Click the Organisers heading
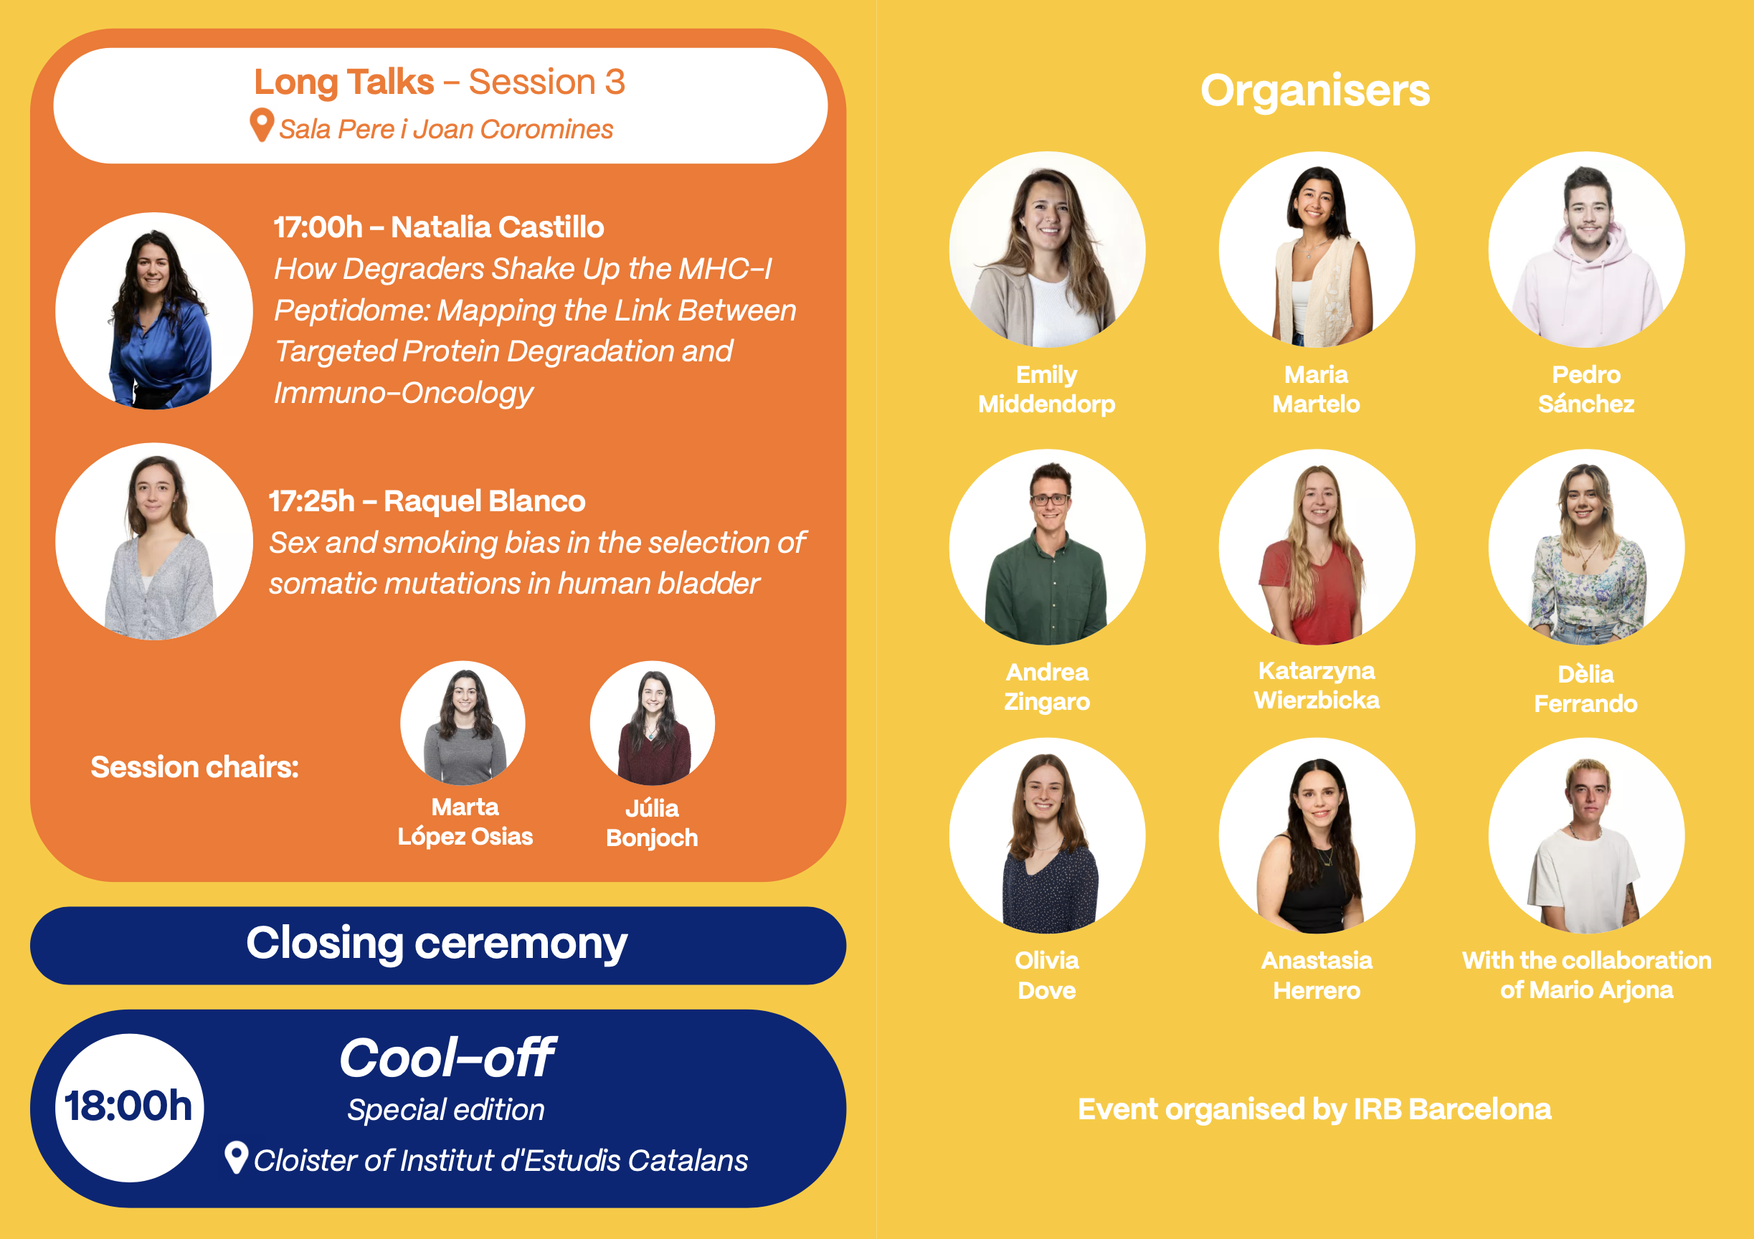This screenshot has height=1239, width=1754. pyautogui.click(x=1314, y=92)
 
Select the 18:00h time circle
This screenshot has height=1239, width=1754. pyautogui.click(x=129, y=1108)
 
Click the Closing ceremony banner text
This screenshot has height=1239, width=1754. pyautogui.click(x=437, y=945)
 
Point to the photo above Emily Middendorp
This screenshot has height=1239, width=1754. pyautogui.click(x=1048, y=249)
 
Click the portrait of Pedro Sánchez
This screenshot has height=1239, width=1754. pyautogui.click(x=1587, y=249)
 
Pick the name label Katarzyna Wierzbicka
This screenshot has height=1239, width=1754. pyautogui.click(x=1317, y=685)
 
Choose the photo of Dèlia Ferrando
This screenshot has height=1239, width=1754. pyautogui.click(x=1587, y=547)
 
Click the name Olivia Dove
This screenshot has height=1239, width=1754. pyautogui.click(x=1048, y=975)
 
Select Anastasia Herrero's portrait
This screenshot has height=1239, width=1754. pyautogui.click(x=1317, y=835)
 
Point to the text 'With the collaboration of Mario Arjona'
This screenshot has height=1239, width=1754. pyautogui.click(x=1587, y=974)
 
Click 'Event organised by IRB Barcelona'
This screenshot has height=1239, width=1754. pyautogui.click(x=1314, y=1109)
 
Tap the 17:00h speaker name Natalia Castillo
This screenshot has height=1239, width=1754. pyautogui.click(x=498, y=227)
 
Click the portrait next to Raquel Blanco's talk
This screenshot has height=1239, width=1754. pyautogui.click(x=154, y=541)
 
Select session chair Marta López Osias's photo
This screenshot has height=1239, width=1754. pyautogui.click(x=463, y=723)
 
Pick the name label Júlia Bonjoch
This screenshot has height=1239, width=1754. pyautogui.click(x=653, y=822)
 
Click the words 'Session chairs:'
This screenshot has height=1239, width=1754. pyautogui.click(x=195, y=767)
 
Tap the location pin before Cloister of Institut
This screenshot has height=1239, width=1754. pyautogui.click(x=237, y=1158)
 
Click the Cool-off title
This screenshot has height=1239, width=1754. pyautogui.click(x=447, y=1059)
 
